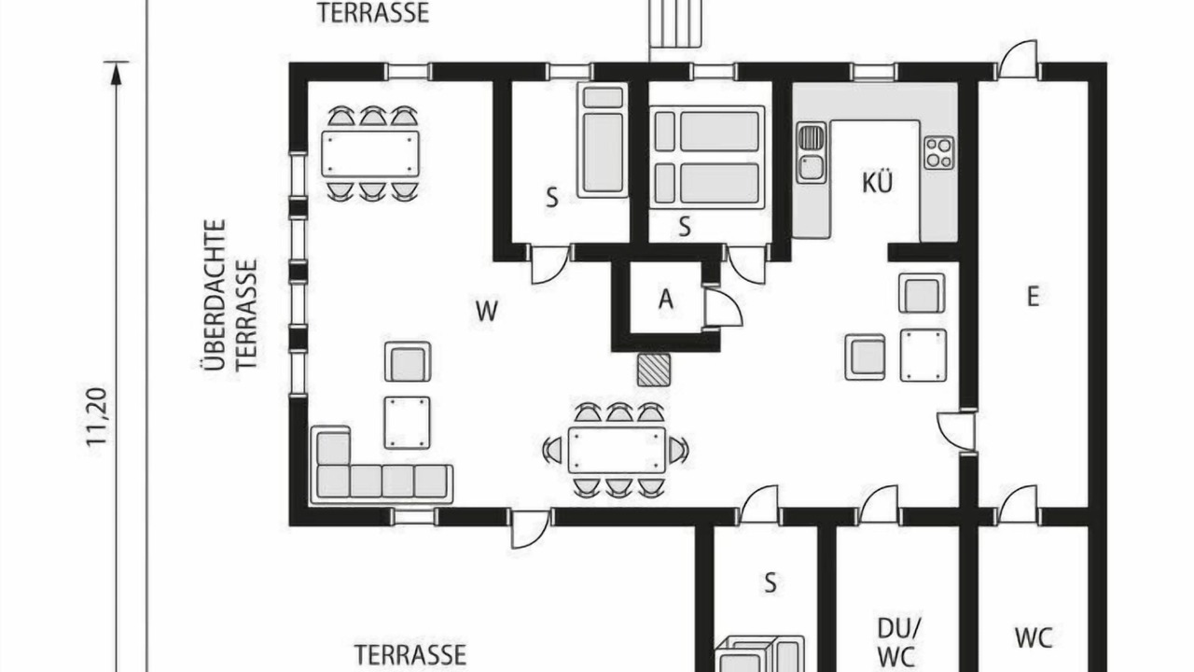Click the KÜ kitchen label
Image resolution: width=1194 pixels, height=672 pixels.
pos(877,182)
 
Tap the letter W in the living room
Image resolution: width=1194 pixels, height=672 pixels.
pos(487,311)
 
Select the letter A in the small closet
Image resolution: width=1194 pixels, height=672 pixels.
pos(666,300)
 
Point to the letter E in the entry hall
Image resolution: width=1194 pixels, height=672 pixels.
pos(1033,297)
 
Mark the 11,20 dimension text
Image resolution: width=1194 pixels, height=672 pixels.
pos(99,416)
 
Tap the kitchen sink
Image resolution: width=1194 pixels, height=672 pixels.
pos(812,152)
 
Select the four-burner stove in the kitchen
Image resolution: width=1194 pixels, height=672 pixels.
pos(939,152)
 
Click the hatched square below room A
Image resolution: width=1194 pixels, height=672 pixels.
pos(654,370)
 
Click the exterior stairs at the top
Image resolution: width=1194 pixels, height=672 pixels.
pos(675,24)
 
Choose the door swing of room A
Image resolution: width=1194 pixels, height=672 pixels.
pos(723,307)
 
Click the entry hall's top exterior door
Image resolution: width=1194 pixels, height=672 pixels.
pos(1018,60)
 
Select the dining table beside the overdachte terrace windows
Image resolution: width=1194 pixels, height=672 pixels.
pos(370,154)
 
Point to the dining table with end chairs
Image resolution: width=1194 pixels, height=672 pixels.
pos(617,450)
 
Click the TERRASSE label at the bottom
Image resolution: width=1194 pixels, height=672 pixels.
pos(410,654)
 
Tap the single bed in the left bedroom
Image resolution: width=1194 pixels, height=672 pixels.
pos(603,140)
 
